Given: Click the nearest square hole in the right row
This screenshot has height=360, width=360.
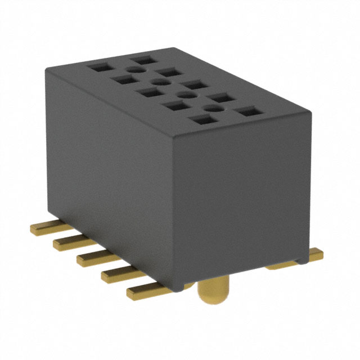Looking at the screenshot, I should [246, 112].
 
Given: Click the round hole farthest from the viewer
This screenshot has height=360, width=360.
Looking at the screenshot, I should [133, 69].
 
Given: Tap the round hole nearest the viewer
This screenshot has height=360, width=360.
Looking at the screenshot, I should [213, 109].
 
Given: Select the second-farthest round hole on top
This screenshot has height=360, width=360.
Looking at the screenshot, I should [157, 82].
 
